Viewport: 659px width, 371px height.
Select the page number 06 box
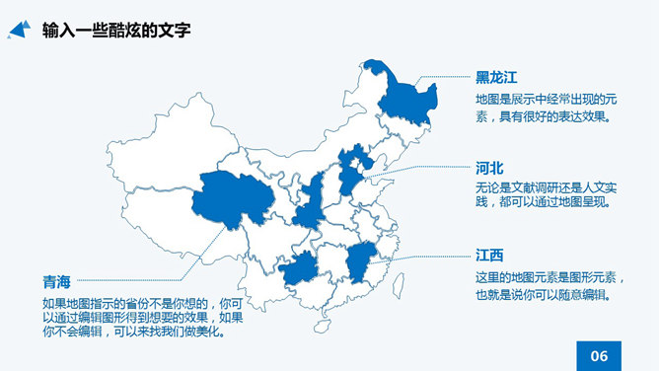pos(598,356)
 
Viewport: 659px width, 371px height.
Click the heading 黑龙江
pos(496,77)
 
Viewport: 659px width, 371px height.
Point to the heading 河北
pos(489,169)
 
